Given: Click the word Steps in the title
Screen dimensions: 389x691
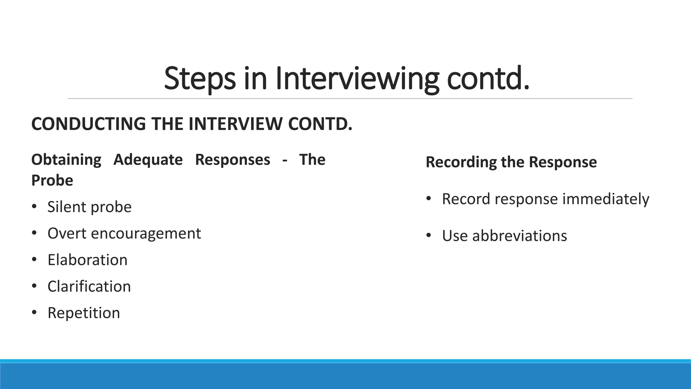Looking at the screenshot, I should (199, 79).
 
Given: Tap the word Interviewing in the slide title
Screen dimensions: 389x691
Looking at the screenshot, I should (357, 79).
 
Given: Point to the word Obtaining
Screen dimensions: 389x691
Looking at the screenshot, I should (66, 160).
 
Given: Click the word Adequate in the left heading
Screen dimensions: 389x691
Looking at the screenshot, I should (148, 160).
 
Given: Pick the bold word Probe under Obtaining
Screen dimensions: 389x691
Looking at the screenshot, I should (52, 180).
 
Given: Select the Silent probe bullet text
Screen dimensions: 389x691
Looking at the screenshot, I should (89, 207).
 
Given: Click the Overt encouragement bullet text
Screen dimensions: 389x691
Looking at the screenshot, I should (124, 233).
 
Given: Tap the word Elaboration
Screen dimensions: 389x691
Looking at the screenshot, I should (87, 260).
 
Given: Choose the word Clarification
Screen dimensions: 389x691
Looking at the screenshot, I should (89, 286).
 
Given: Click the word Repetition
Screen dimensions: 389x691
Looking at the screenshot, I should (84, 313).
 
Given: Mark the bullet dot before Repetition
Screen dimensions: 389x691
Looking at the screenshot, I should (34, 313).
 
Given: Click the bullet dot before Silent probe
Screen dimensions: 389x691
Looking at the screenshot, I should (34, 207).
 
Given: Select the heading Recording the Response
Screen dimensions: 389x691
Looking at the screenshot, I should (511, 162).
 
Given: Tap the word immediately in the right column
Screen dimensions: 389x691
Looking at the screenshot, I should (606, 199).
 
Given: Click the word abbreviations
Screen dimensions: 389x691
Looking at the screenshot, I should (520, 236).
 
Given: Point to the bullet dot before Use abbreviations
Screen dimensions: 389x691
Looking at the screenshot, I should (429, 235).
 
